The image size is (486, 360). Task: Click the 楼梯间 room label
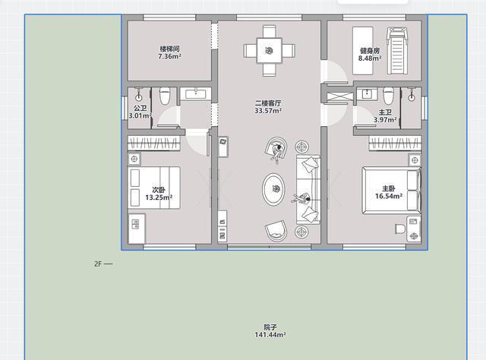coord(169,49)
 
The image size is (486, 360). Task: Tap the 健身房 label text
coord(370,51)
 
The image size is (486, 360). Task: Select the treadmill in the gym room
coord(396,51)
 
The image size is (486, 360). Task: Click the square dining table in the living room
coord(269,51)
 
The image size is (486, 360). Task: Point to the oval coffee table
coord(273,189)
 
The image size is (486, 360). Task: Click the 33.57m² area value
coord(268,111)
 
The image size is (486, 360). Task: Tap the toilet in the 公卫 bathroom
coord(165,96)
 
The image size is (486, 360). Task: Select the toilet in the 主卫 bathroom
coord(388,96)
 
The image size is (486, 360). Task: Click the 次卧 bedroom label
coord(159,189)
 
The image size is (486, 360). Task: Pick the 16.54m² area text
coord(389,196)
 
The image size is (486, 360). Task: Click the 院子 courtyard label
coord(270,327)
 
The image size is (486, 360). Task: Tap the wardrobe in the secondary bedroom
coord(154,144)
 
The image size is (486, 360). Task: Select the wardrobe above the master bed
coord(395,144)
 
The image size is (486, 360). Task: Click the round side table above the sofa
coord(301,147)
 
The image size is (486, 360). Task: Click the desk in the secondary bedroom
coord(137,228)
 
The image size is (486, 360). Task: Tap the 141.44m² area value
coord(270,335)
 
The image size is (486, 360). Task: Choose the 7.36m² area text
coord(169,56)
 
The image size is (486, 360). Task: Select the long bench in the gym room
coord(363,51)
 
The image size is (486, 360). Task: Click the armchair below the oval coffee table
coord(276,231)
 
